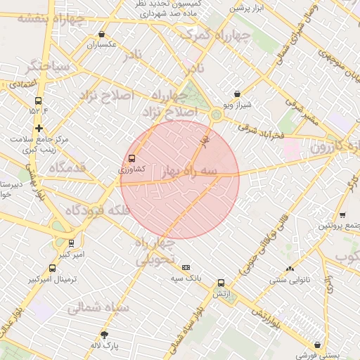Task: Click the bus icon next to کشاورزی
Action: pos(131,158)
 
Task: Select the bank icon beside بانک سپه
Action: pos(186,267)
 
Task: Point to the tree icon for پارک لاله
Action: pos(105,335)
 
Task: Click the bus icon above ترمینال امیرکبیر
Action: pos(52,269)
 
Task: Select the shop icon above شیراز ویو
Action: pos(237,94)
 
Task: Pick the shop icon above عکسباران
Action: pos(102,34)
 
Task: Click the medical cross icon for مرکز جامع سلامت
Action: pos(39,128)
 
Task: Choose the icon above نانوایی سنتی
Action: pos(290,269)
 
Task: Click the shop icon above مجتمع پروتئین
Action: pos(342,214)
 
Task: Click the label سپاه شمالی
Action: pos(99,307)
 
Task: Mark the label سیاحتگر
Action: pos(47,67)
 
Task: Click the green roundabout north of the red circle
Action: pos(216,114)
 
